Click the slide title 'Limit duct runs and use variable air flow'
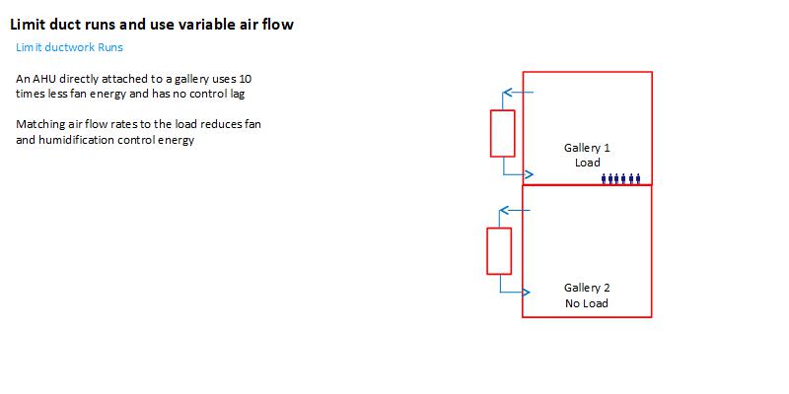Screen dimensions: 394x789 tap(151, 25)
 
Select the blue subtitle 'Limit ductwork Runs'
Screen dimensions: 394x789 tap(69, 47)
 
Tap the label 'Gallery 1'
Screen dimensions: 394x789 tap(587, 148)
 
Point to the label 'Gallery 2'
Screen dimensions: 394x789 tap(587, 288)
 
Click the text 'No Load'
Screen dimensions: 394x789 tap(587, 303)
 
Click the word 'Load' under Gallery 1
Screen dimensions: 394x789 tap(588, 163)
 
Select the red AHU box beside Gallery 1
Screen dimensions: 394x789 tap(503, 133)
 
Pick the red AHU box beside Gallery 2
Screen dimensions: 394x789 tap(499, 250)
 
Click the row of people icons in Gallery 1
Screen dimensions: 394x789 tap(621, 178)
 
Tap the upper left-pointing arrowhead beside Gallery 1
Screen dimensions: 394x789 tap(507, 94)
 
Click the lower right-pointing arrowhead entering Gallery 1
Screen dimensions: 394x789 tap(529, 175)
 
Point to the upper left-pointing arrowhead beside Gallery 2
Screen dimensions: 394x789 tap(503, 210)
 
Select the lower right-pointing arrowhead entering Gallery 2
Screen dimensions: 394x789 tap(526, 293)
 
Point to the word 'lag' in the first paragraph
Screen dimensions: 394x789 tap(236, 94)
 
